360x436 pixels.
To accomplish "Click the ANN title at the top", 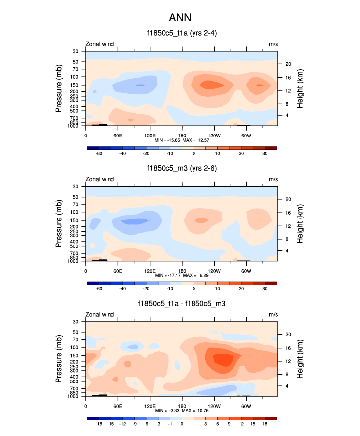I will (x=180, y=18).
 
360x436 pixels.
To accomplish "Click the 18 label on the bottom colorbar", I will (x=265, y=423).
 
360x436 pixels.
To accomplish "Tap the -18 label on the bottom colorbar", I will (x=98, y=423).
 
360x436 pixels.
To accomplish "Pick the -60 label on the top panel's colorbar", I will (x=98, y=153).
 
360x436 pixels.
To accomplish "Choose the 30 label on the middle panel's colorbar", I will (x=265, y=288).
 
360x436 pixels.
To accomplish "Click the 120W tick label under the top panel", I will (x=214, y=135).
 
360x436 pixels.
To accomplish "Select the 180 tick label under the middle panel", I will (x=182, y=271).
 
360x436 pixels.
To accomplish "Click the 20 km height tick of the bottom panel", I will (x=288, y=334).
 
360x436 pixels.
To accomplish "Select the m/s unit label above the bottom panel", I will (x=273, y=314).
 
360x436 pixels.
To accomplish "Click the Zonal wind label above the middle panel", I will (x=100, y=179).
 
